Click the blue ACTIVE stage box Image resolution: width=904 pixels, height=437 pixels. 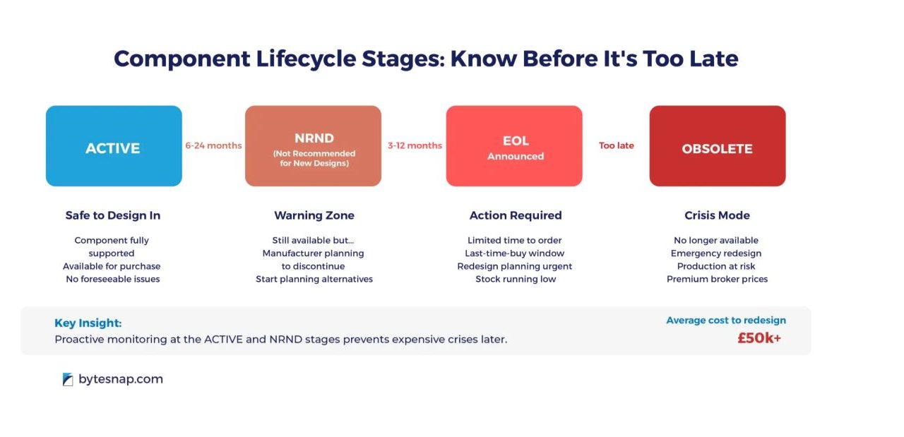click(x=114, y=146)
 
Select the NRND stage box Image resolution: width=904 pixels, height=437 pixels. click(x=313, y=146)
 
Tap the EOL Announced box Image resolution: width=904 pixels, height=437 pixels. click(x=514, y=146)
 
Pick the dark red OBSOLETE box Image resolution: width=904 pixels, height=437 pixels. click(x=718, y=146)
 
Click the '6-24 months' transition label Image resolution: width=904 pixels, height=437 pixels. click(x=213, y=145)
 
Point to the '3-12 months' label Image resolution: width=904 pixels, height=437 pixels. click(x=415, y=145)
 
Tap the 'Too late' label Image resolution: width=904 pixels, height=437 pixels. click(x=617, y=145)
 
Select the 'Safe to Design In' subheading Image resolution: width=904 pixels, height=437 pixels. click(x=113, y=215)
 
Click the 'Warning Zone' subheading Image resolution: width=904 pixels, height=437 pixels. click(x=314, y=215)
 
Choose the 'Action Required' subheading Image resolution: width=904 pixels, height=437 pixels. click(x=516, y=215)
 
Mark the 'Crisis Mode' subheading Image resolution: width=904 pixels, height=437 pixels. click(x=717, y=215)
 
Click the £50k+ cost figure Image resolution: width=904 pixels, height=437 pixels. click(x=759, y=338)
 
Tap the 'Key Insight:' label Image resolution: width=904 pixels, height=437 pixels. click(x=88, y=323)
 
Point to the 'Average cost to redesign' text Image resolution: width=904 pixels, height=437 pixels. click(x=726, y=321)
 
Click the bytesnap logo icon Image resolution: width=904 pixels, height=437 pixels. click(x=68, y=379)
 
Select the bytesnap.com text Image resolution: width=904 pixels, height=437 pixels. click(x=121, y=379)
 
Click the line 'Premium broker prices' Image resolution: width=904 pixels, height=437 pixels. click(x=717, y=280)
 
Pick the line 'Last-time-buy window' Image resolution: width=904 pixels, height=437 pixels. click(x=515, y=253)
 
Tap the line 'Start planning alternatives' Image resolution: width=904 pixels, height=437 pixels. click(x=314, y=280)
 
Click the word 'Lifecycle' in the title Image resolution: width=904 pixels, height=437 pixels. click(x=306, y=59)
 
